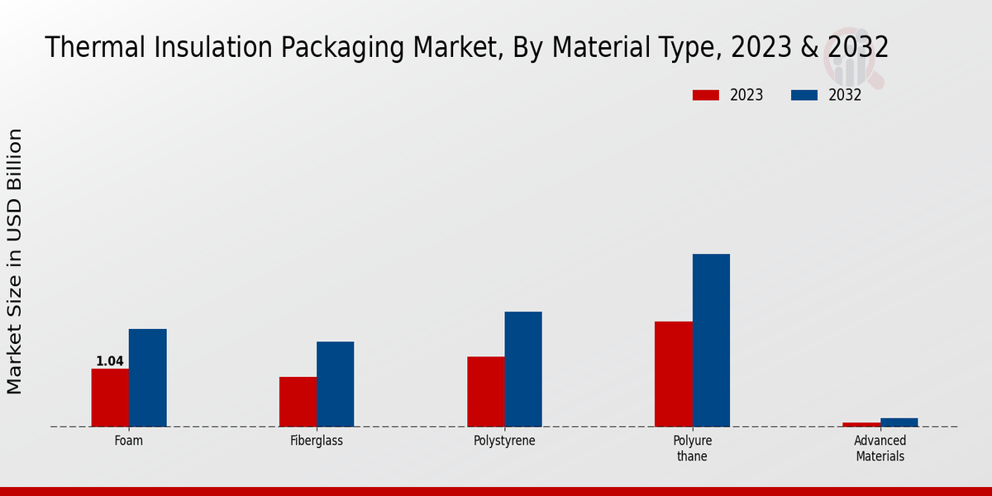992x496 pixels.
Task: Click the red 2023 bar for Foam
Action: pos(110,398)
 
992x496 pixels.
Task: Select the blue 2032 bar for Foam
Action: pos(147,378)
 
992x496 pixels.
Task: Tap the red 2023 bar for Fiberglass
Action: pos(298,402)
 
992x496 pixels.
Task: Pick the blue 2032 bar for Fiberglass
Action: pos(335,384)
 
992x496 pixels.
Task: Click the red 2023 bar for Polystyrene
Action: pos(485,392)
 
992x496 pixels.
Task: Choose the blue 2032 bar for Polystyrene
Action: pos(523,370)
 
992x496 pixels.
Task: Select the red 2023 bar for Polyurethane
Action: pos(673,374)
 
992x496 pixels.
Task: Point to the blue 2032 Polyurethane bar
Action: pos(711,341)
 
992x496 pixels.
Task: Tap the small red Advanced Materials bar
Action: pos(861,425)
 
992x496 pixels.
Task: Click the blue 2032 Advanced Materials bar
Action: pos(899,422)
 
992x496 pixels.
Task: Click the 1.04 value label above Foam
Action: pos(110,361)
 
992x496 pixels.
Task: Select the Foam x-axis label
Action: pos(128,441)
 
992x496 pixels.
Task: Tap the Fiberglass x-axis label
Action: pos(317,441)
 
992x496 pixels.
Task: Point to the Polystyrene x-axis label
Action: pos(504,441)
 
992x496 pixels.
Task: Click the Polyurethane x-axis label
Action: pos(692,448)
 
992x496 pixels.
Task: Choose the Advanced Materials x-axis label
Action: pos(880,448)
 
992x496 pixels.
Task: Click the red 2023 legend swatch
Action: pos(705,95)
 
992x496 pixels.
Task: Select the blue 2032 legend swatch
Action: pos(804,95)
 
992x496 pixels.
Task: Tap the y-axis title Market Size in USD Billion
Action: pos(15,261)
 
